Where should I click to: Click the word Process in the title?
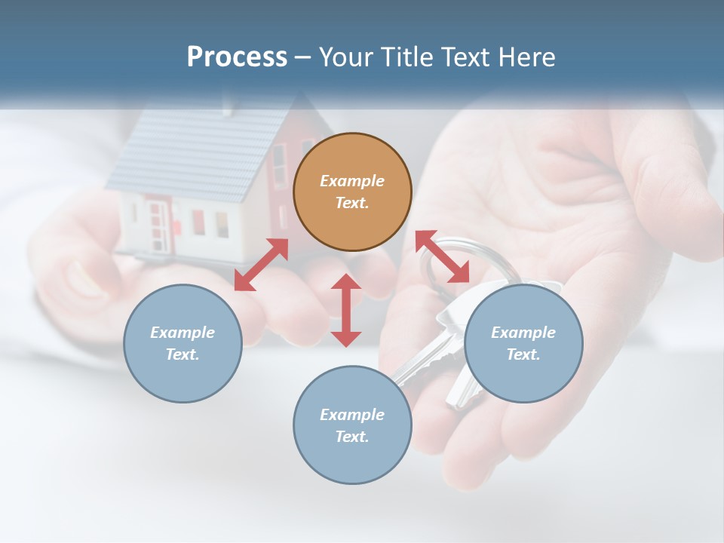coord(237,57)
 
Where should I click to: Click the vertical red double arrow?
coord(346,310)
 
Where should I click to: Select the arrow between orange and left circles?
coord(261,264)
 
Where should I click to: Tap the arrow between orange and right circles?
coord(442,257)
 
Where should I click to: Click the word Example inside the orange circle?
coord(352,181)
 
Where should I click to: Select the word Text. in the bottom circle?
coord(352,437)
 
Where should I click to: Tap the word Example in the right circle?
coord(523,333)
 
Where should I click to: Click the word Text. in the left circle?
coord(183,354)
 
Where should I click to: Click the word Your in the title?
coord(345,57)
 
